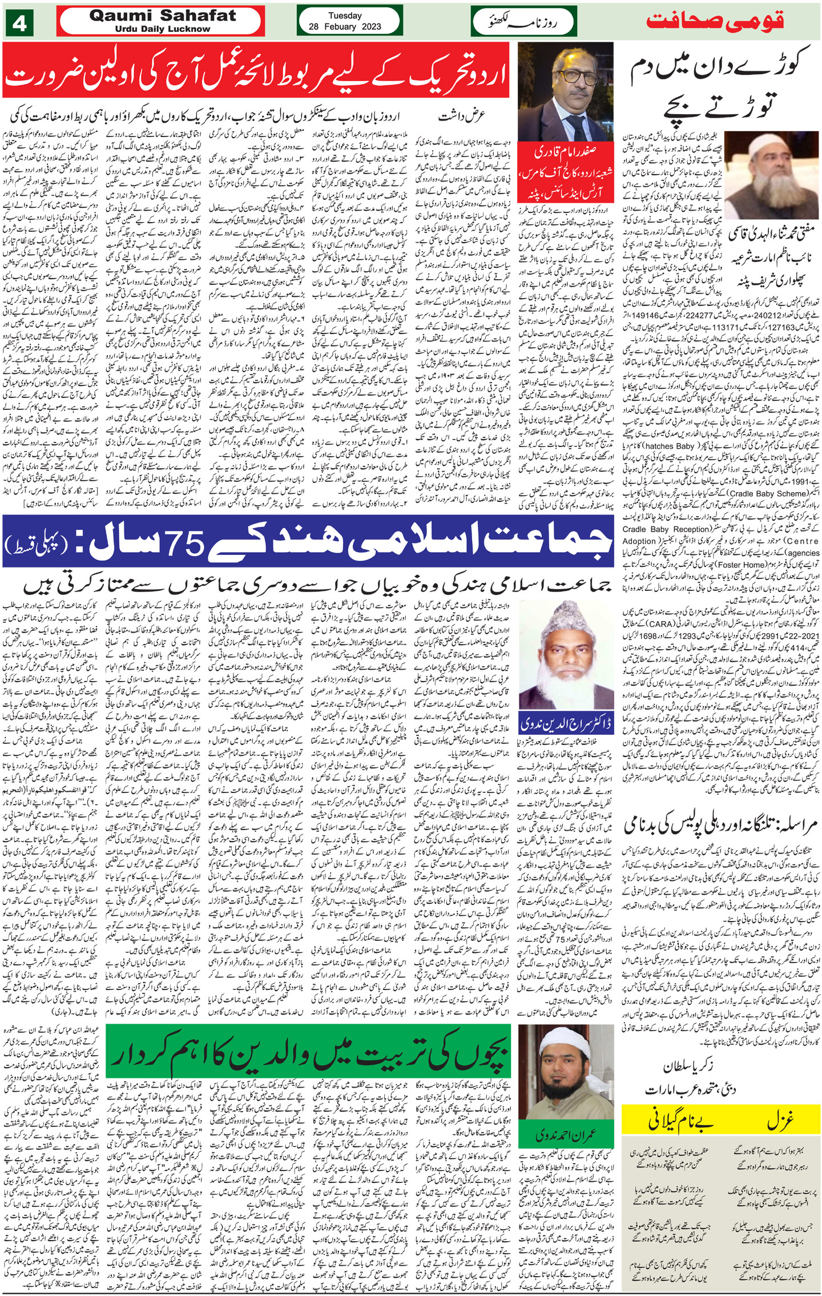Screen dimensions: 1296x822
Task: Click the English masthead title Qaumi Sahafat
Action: (162, 16)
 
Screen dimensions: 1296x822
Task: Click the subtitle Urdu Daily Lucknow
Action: (162, 29)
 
